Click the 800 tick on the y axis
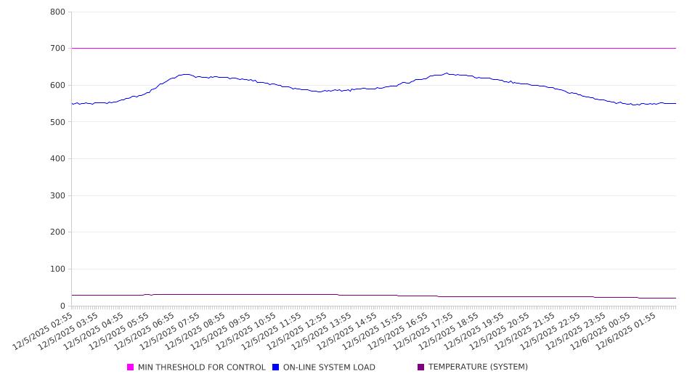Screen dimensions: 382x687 (x=57, y=12)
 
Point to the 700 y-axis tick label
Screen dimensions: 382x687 (x=57, y=49)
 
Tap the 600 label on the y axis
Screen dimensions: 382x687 (x=57, y=86)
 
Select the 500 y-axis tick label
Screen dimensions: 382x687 (x=57, y=122)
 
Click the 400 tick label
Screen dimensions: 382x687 (x=57, y=159)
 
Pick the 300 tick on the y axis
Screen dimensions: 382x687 (x=57, y=196)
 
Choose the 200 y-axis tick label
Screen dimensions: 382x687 (x=57, y=232)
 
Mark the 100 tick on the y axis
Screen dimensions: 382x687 (x=57, y=269)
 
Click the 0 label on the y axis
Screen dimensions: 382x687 (x=62, y=306)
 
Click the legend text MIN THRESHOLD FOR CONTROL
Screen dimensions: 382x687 (x=201, y=367)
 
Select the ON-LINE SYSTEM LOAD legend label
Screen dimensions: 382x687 (x=329, y=367)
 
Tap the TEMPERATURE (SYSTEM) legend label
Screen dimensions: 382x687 (x=478, y=367)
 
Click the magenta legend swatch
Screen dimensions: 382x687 (x=131, y=367)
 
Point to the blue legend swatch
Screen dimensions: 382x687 (x=276, y=367)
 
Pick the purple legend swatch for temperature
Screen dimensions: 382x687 (x=421, y=367)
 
